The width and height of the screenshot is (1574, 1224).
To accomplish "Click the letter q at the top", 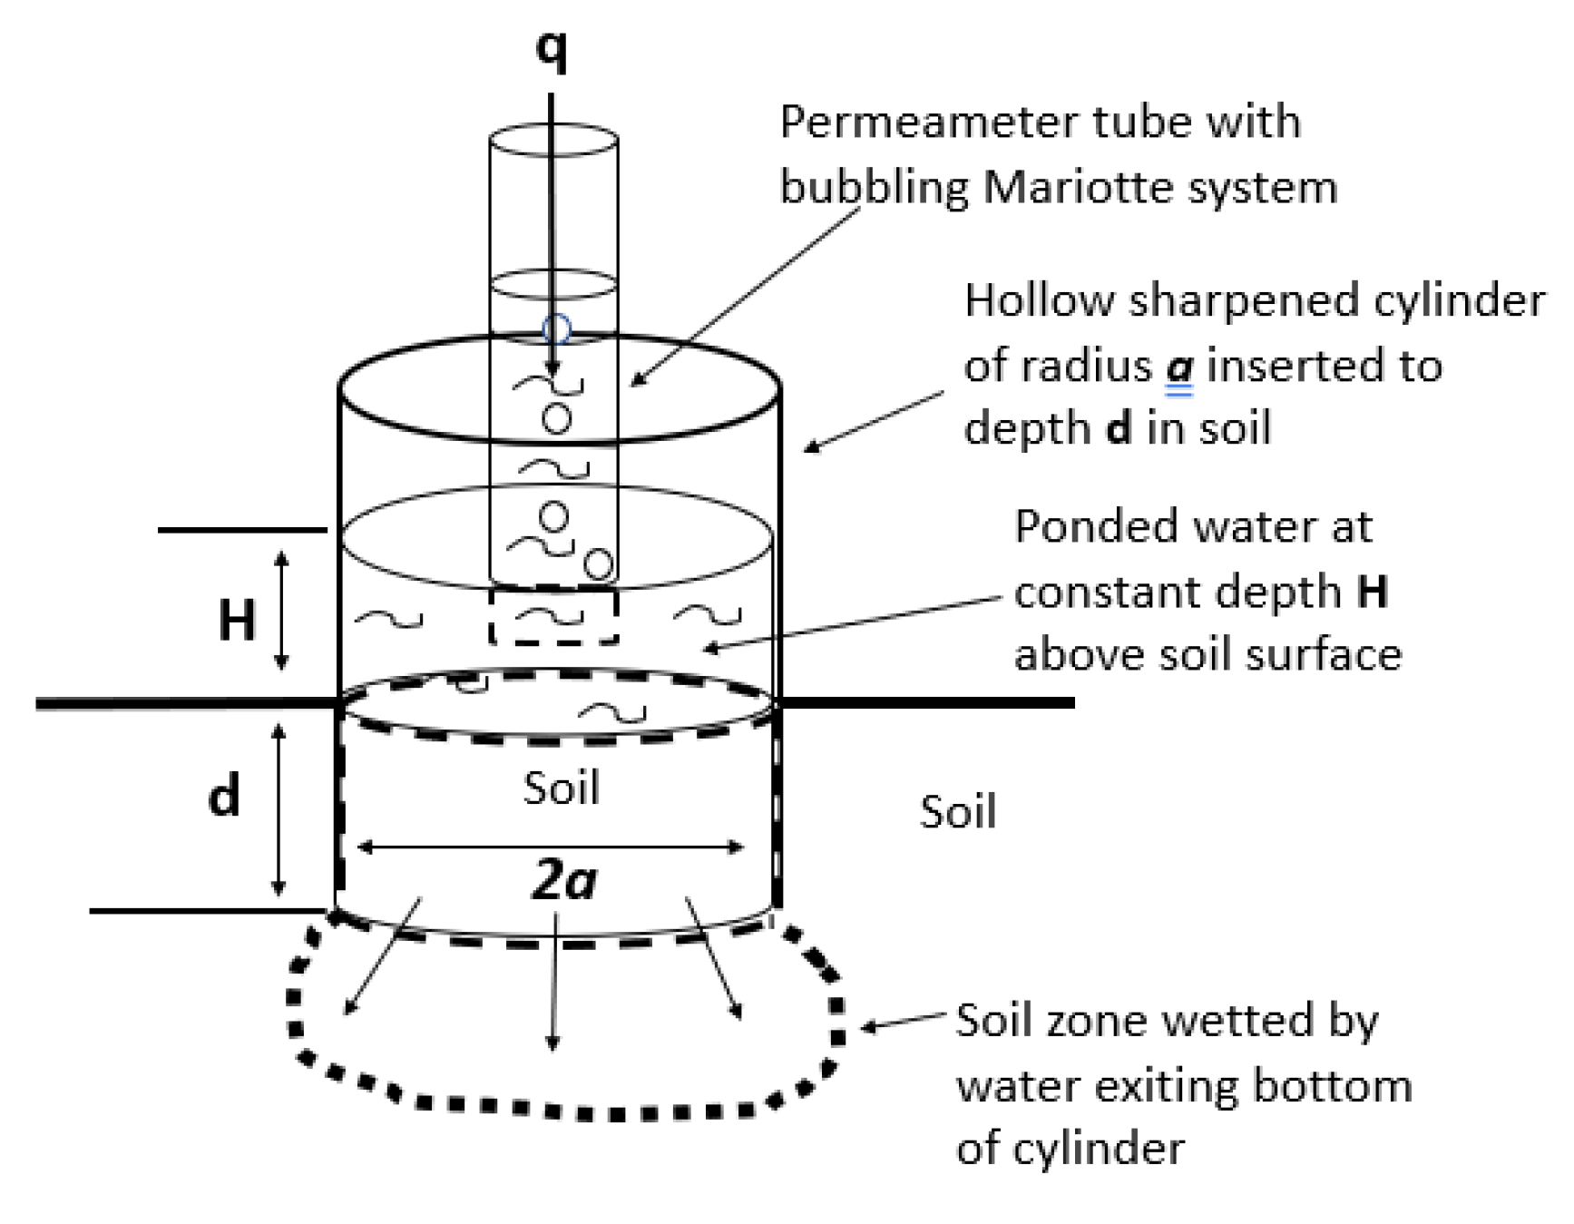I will [x=552, y=47].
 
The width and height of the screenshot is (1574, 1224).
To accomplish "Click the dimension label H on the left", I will [x=237, y=621].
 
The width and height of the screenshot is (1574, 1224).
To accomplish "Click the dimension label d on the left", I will [x=224, y=795].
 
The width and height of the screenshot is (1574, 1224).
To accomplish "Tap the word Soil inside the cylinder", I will [x=561, y=788].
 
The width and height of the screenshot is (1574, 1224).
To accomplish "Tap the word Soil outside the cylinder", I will [x=957, y=811].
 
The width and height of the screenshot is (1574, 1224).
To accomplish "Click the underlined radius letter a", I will [x=1179, y=367].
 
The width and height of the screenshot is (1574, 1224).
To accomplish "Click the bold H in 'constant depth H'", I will [x=1373, y=592].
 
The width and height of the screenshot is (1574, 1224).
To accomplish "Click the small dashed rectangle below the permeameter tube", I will [x=553, y=617].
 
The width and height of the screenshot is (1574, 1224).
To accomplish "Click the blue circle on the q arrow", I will [x=556, y=328].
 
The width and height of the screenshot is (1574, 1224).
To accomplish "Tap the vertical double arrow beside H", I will [x=281, y=610].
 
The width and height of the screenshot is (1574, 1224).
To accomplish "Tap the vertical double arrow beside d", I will [x=279, y=808].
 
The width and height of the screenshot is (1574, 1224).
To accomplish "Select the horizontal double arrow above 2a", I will [x=551, y=847].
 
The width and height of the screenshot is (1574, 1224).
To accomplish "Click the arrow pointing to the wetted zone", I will [x=903, y=1023].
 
